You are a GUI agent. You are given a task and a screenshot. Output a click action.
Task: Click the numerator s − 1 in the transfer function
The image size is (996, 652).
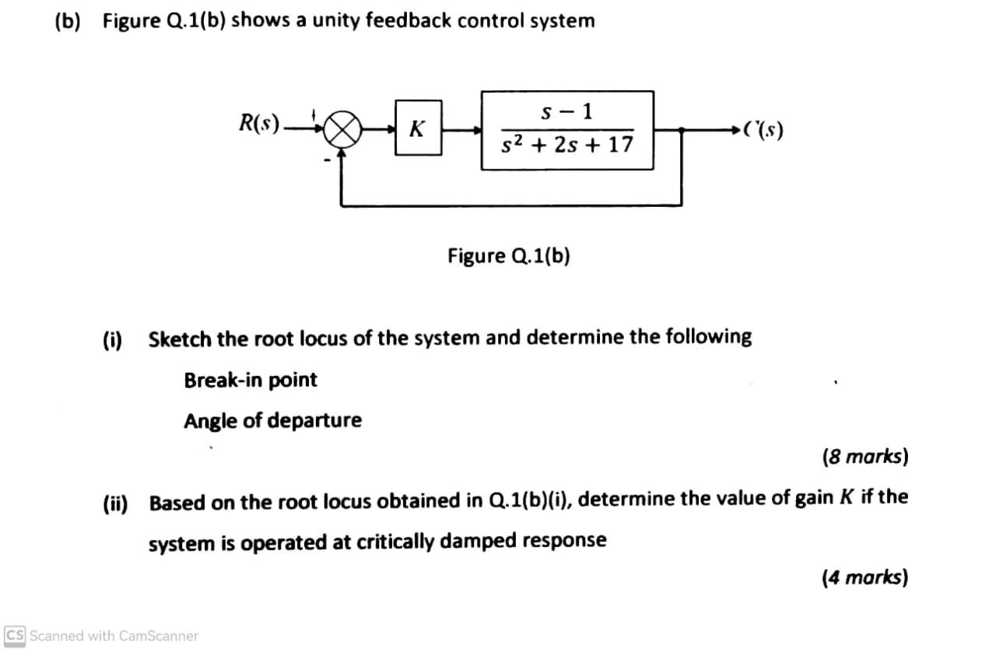[x=566, y=111]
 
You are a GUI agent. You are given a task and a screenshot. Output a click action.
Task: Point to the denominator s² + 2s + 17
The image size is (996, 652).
[x=567, y=145]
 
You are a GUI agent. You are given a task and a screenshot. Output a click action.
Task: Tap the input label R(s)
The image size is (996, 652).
[x=259, y=124]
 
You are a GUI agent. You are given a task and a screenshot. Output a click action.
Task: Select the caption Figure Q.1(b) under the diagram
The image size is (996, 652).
[x=508, y=256]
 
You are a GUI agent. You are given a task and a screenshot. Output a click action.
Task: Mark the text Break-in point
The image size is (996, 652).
[x=250, y=380]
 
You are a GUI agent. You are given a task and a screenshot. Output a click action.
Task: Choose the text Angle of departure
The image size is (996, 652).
[x=272, y=421]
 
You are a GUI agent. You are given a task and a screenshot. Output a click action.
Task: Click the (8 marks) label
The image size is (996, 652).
[x=864, y=456]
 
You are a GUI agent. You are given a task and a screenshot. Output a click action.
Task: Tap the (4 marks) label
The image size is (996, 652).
[x=864, y=577]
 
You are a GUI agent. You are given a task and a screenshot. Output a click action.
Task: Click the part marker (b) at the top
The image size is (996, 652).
[x=68, y=21]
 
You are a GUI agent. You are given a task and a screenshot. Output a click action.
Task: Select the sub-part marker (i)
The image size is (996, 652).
[x=113, y=339]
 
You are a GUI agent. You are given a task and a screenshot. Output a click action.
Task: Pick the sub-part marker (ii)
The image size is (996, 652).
[x=116, y=503]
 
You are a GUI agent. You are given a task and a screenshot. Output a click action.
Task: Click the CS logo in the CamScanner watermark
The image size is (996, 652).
[x=15, y=636]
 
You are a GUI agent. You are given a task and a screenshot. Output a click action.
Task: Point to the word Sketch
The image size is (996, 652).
[x=180, y=338]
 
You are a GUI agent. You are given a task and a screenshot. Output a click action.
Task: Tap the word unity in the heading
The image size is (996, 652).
[x=325, y=21]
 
